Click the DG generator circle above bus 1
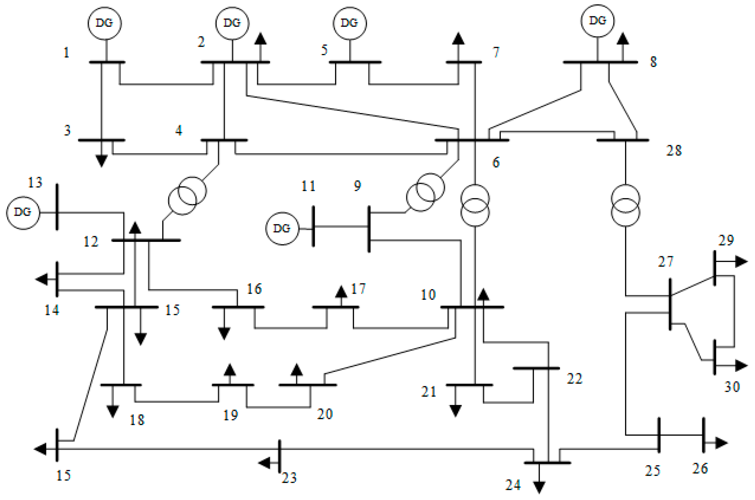(x=104, y=23)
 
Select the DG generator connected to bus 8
(x=597, y=21)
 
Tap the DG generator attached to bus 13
(x=23, y=213)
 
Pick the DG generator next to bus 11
(x=282, y=228)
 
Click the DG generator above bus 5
(x=350, y=23)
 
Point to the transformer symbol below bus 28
(x=625, y=206)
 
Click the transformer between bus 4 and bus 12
(x=187, y=196)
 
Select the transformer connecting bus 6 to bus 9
(x=425, y=192)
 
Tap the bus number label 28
(x=674, y=151)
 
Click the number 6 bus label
(x=496, y=162)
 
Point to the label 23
(x=289, y=478)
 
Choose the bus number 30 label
(x=732, y=387)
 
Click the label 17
(x=358, y=289)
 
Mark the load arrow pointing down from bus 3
(x=101, y=160)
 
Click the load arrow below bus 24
(x=539, y=487)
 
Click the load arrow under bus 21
(x=455, y=410)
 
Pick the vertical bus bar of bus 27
(x=670, y=304)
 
